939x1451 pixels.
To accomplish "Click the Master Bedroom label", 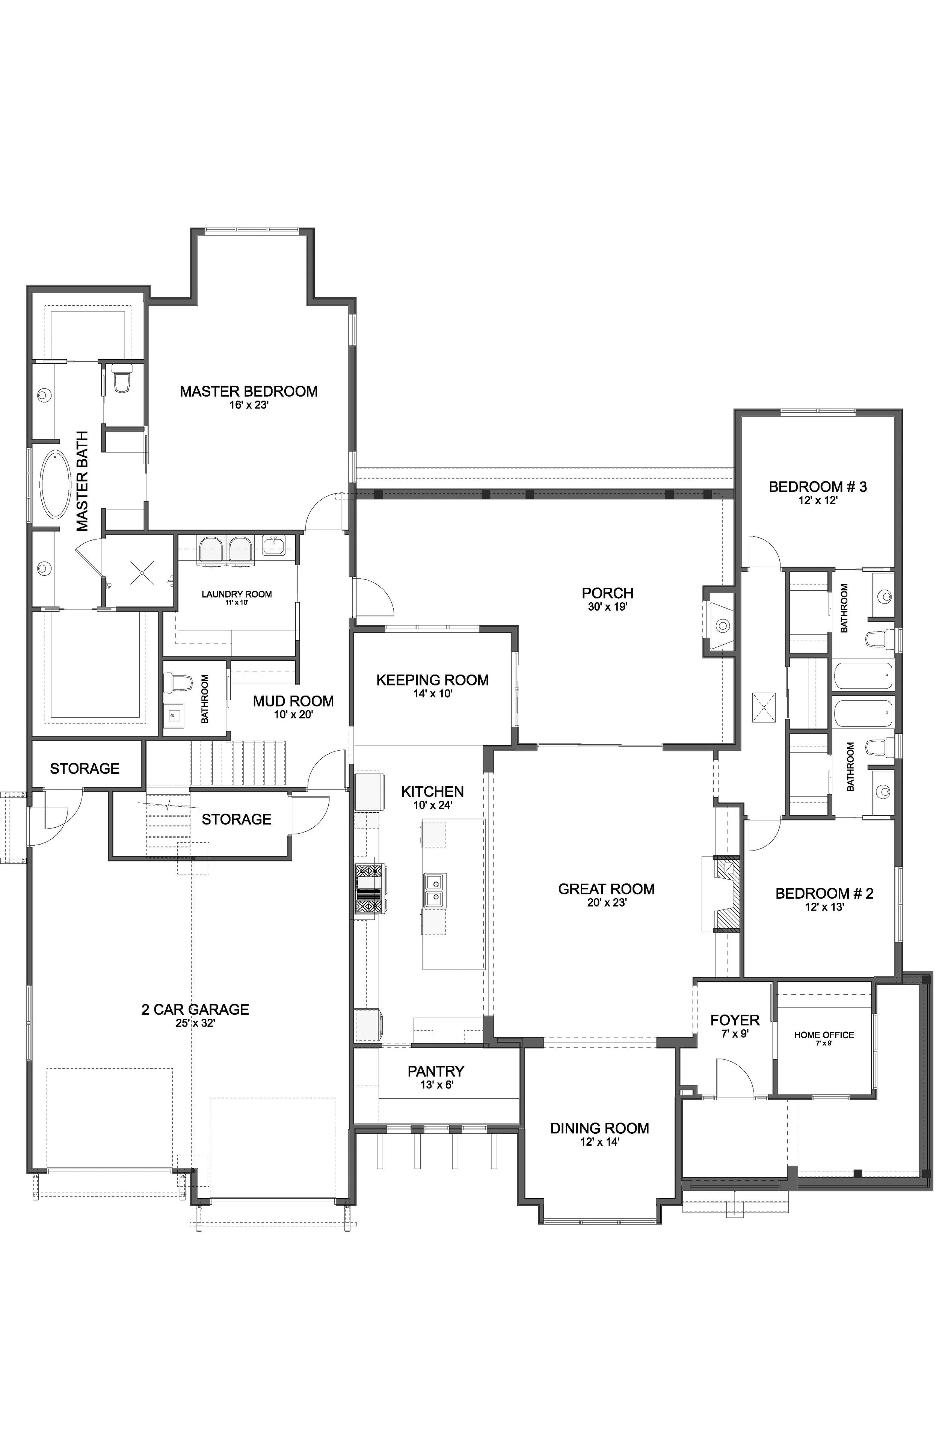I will coord(248,391).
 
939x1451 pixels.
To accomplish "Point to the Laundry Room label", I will coord(237,594).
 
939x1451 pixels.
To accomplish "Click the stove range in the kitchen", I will coord(368,890).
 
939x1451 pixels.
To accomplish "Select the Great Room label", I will coord(606,889).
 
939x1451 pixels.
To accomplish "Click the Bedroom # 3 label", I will coord(818,487).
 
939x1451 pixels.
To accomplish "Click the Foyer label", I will coord(735,1020).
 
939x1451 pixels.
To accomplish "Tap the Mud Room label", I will coord(293,701).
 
